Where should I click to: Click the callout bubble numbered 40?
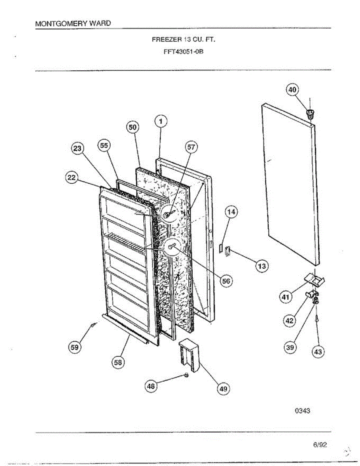(292, 90)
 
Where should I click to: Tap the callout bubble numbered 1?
(161, 122)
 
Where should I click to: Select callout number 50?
(132, 127)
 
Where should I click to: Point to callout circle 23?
(78, 150)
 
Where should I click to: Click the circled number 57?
(191, 147)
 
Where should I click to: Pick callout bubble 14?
(231, 212)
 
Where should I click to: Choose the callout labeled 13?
(262, 266)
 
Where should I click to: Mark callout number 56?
(225, 282)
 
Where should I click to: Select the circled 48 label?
(151, 386)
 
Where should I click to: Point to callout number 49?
(223, 388)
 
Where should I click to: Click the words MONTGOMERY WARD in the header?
(73, 23)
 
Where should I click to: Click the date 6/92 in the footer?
(320, 445)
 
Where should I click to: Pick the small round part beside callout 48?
(186, 375)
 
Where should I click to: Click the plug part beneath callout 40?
(310, 114)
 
